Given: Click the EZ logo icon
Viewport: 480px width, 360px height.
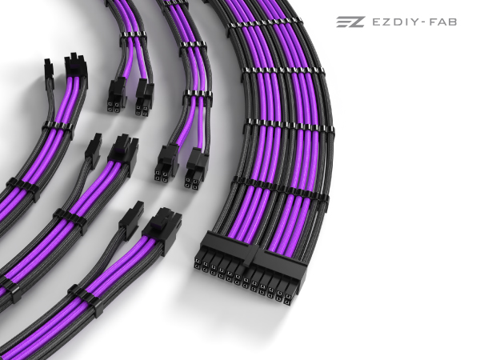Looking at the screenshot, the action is (x=350, y=22).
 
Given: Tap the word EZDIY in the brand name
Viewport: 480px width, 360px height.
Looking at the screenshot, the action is (x=395, y=22).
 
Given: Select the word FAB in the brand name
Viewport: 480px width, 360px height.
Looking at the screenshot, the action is (x=443, y=22).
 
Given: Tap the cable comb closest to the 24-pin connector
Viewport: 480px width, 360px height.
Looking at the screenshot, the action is (x=279, y=187).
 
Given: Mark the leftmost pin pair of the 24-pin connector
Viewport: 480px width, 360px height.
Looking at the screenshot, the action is (x=198, y=264).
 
